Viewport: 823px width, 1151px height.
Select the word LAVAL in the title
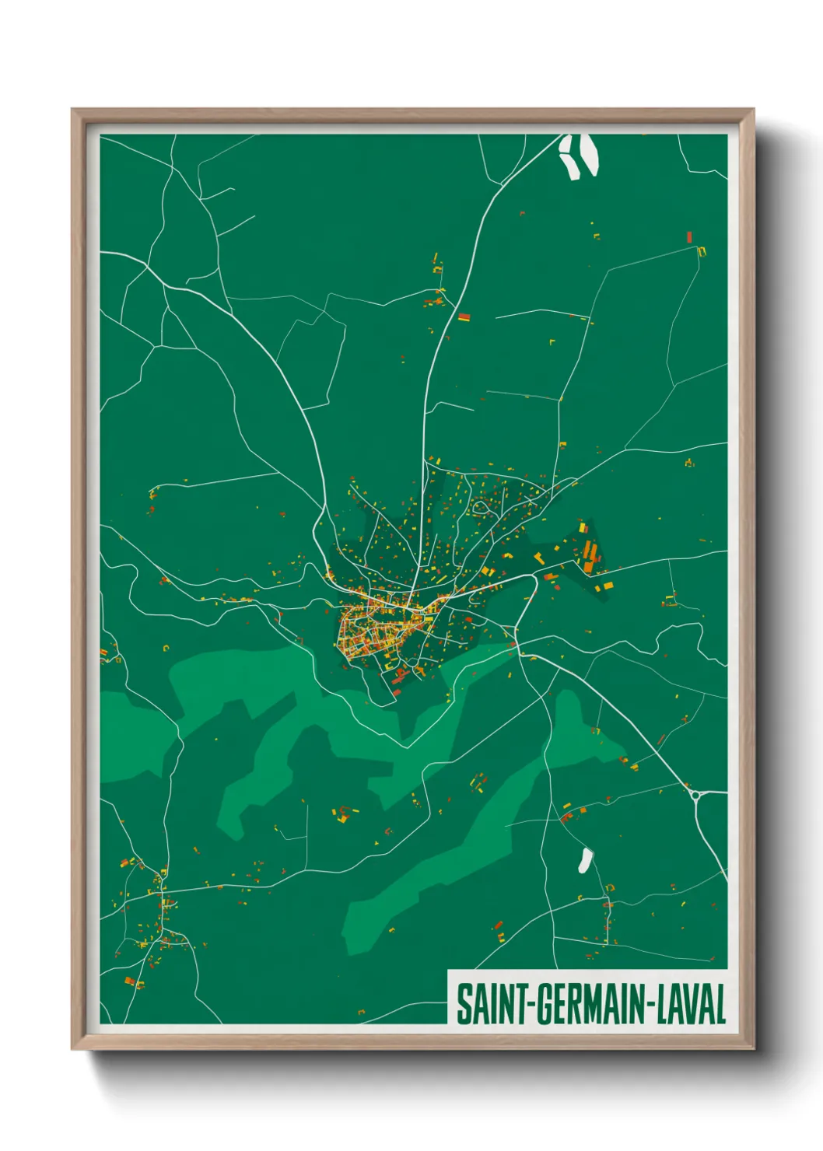click(x=692, y=1004)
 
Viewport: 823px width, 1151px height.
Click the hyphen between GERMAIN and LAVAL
click(x=652, y=1006)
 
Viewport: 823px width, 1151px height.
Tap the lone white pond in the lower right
click(x=585, y=859)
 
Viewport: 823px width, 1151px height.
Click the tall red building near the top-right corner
click(x=689, y=236)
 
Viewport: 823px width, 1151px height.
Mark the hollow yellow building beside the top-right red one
click(x=702, y=250)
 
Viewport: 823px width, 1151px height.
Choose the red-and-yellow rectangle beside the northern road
click(x=464, y=317)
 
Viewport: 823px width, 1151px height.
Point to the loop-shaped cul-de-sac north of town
click(x=481, y=507)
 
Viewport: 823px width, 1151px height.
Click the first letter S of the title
click(x=464, y=1004)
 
